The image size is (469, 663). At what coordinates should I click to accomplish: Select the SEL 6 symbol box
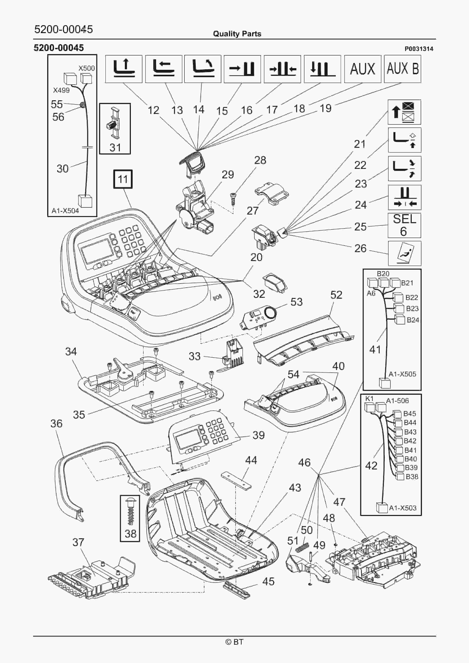tap(404, 225)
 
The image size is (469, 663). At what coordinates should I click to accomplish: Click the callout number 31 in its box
tap(115, 148)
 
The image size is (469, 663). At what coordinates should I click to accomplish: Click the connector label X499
tap(61, 90)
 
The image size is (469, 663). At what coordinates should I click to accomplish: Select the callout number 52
tap(336, 295)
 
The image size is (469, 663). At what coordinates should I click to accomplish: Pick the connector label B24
tap(413, 320)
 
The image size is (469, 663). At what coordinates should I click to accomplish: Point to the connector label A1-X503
tap(403, 508)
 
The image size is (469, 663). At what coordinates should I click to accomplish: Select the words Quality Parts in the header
tap(237, 34)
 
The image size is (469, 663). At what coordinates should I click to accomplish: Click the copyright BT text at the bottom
tap(234, 642)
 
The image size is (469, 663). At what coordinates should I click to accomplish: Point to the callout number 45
tap(268, 581)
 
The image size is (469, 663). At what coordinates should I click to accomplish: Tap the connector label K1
tap(369, 398)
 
